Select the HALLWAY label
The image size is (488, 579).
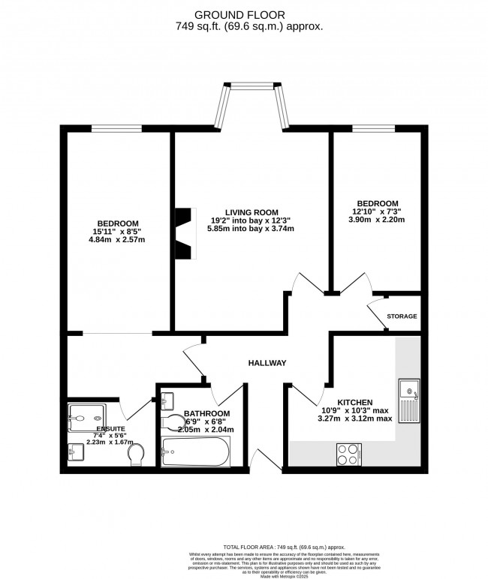click(268, 363)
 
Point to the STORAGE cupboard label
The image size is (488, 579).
click(402, 316)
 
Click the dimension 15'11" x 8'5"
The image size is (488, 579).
click(116, 232)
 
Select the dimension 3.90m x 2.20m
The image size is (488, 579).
click(377, 220)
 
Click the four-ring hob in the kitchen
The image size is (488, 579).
click(348, 454)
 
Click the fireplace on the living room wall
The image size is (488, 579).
click(185, 233)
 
